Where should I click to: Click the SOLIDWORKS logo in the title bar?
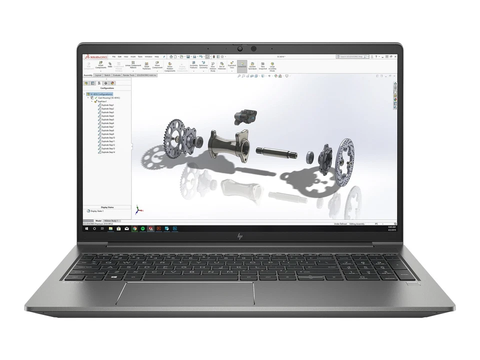pyautogui.click(x=95, y=57)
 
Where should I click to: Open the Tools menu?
pyautogui.click(x=140, y=57)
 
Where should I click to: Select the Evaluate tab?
pyautogui.click(x=117, y=75)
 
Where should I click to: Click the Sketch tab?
pyautogui.click(x=107, y=75)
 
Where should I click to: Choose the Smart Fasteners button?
pyautogui.click(x=146, y=65)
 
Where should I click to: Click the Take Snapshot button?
pyautogui.click(x=262, y=66)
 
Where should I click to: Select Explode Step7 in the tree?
pyautogui.click(x=108, y=127)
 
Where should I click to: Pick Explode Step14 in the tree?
pyautogui.click(x=108, y=152)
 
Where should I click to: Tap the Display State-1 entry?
pyautogui.click(x=97, y=211)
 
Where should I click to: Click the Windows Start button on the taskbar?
pyautogui.click(x=86, y=228)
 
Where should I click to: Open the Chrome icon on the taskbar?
pyautogui.click(x=135, y=228)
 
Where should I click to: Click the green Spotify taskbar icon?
pyautogui.click(x=143, y=228)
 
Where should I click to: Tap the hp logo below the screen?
pyautogui.click(x=239, y=235)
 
